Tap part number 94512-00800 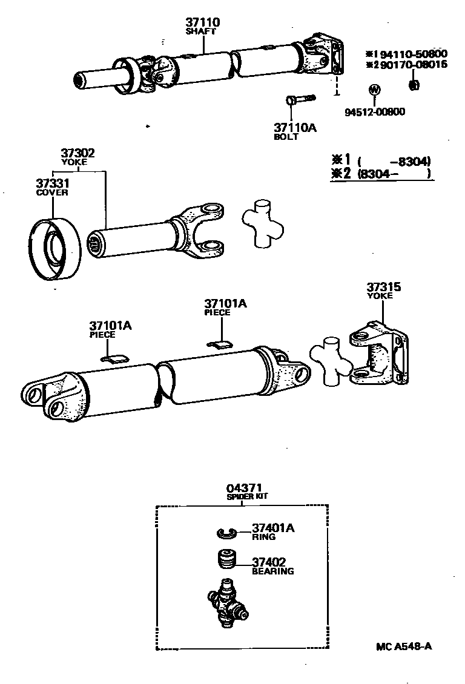[375, 111]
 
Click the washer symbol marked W [374, 90]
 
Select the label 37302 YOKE [77, 157]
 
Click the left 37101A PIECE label [110, 329]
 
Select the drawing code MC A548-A [403, 645]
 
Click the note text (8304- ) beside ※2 [394, 174]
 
